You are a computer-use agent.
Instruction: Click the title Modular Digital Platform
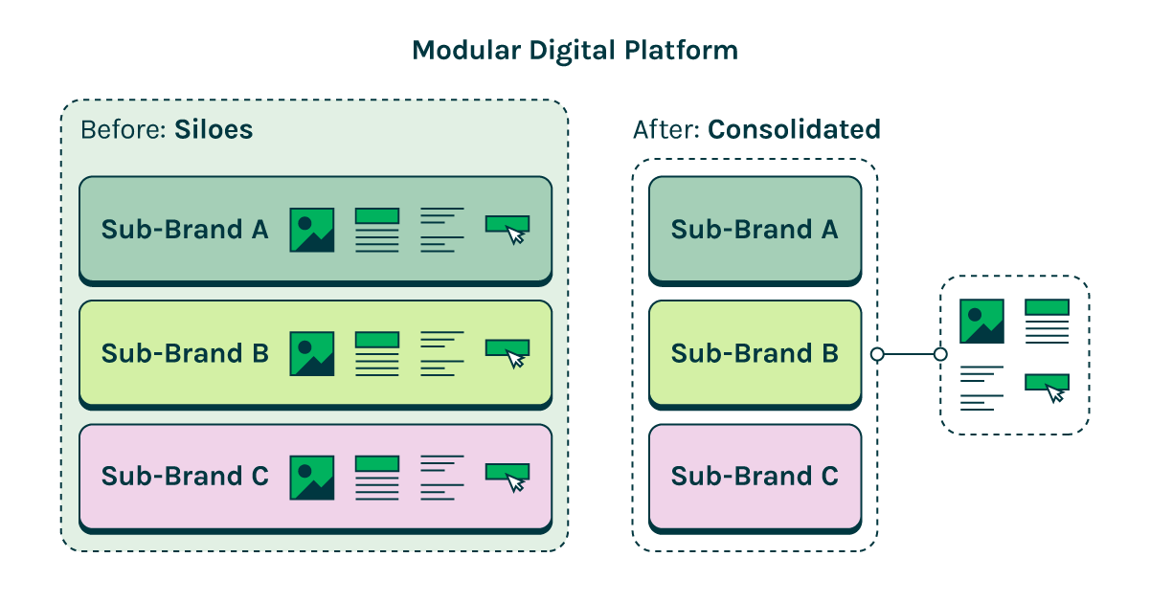(x=575, y=51)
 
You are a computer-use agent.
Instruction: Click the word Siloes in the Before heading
(x=214, y=130)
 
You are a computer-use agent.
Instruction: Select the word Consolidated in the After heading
(x=794, y=130)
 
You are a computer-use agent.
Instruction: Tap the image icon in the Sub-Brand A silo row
(x=312, y=230)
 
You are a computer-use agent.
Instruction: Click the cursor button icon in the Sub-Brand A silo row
(x=507, y=228)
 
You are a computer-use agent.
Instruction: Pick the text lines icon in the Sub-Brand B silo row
(x=441, y=353)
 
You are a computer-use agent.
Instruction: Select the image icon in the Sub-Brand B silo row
(x=312, y=353)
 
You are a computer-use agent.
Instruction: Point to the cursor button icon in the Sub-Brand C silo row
(x=507, y=476)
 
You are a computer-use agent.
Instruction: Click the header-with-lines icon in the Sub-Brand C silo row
(x=376, y=477)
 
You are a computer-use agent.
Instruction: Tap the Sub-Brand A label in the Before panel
(x=185, y=230)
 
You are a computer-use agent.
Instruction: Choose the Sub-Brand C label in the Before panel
(x=185, y=477)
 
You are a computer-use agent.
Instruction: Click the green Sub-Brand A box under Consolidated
(x=755, y=230)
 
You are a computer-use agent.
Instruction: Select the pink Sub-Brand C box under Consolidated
(x=755, y=477)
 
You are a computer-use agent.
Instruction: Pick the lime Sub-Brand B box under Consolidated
(x=755, y=353)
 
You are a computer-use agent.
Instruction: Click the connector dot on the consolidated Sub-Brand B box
(x=876, y=354)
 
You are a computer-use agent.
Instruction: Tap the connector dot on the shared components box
(x=940, y=354)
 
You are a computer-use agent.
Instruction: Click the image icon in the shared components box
(x=981, y=321)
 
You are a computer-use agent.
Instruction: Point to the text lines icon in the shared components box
(x=981, y=388)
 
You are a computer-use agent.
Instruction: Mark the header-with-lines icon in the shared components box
(x=1047, y=321)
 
